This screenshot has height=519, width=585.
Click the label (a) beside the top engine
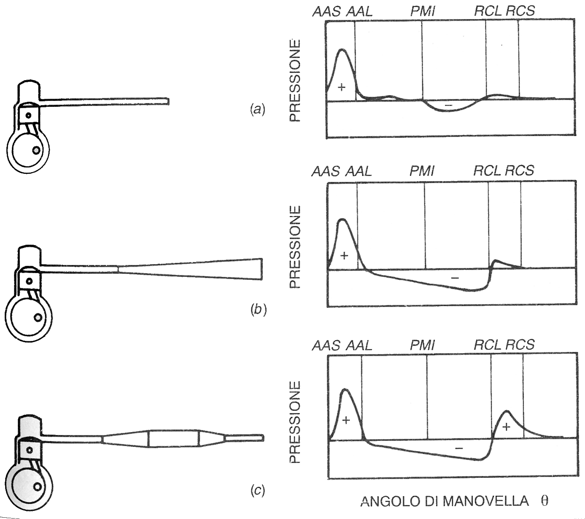(x=257, y=110)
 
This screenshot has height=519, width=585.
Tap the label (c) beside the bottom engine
(x=258, y=491)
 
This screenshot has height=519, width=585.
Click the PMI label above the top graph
(x=422, y=11)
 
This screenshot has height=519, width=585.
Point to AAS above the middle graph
(x=326, y=171)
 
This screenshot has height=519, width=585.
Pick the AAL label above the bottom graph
(x=359, y=345)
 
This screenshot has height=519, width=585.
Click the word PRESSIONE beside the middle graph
(x=295, y=247)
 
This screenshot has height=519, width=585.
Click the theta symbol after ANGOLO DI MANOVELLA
(x=544, y=501)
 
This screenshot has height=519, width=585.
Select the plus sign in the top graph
(x=342, y=87)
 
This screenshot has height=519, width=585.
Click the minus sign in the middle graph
(x=455, y=278)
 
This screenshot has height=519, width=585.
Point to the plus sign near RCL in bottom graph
(x=506, y=427)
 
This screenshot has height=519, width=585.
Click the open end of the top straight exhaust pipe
(x=168, y=101)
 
